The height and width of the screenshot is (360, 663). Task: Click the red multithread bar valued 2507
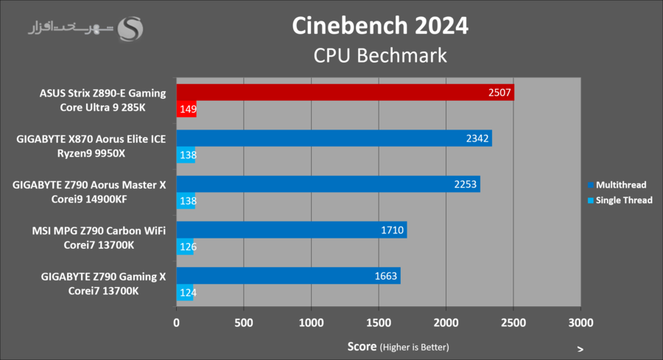(345, 93)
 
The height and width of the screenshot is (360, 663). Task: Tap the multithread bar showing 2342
(334, 138)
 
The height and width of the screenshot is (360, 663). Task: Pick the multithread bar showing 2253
(328, 184)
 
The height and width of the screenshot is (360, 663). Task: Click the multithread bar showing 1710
(291, 230)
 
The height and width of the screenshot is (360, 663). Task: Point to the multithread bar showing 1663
(288, 275)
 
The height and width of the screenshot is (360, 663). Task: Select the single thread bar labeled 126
(185, 247)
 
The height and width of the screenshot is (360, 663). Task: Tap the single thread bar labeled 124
(185, 292)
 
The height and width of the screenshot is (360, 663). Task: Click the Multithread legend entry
(620, 185)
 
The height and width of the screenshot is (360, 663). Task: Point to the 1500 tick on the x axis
(379, 322)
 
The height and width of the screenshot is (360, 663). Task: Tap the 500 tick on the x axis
(244, 322)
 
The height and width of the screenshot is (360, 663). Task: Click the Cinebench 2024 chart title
(379, 27)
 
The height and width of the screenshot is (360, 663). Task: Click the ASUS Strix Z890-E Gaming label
(102, 93)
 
